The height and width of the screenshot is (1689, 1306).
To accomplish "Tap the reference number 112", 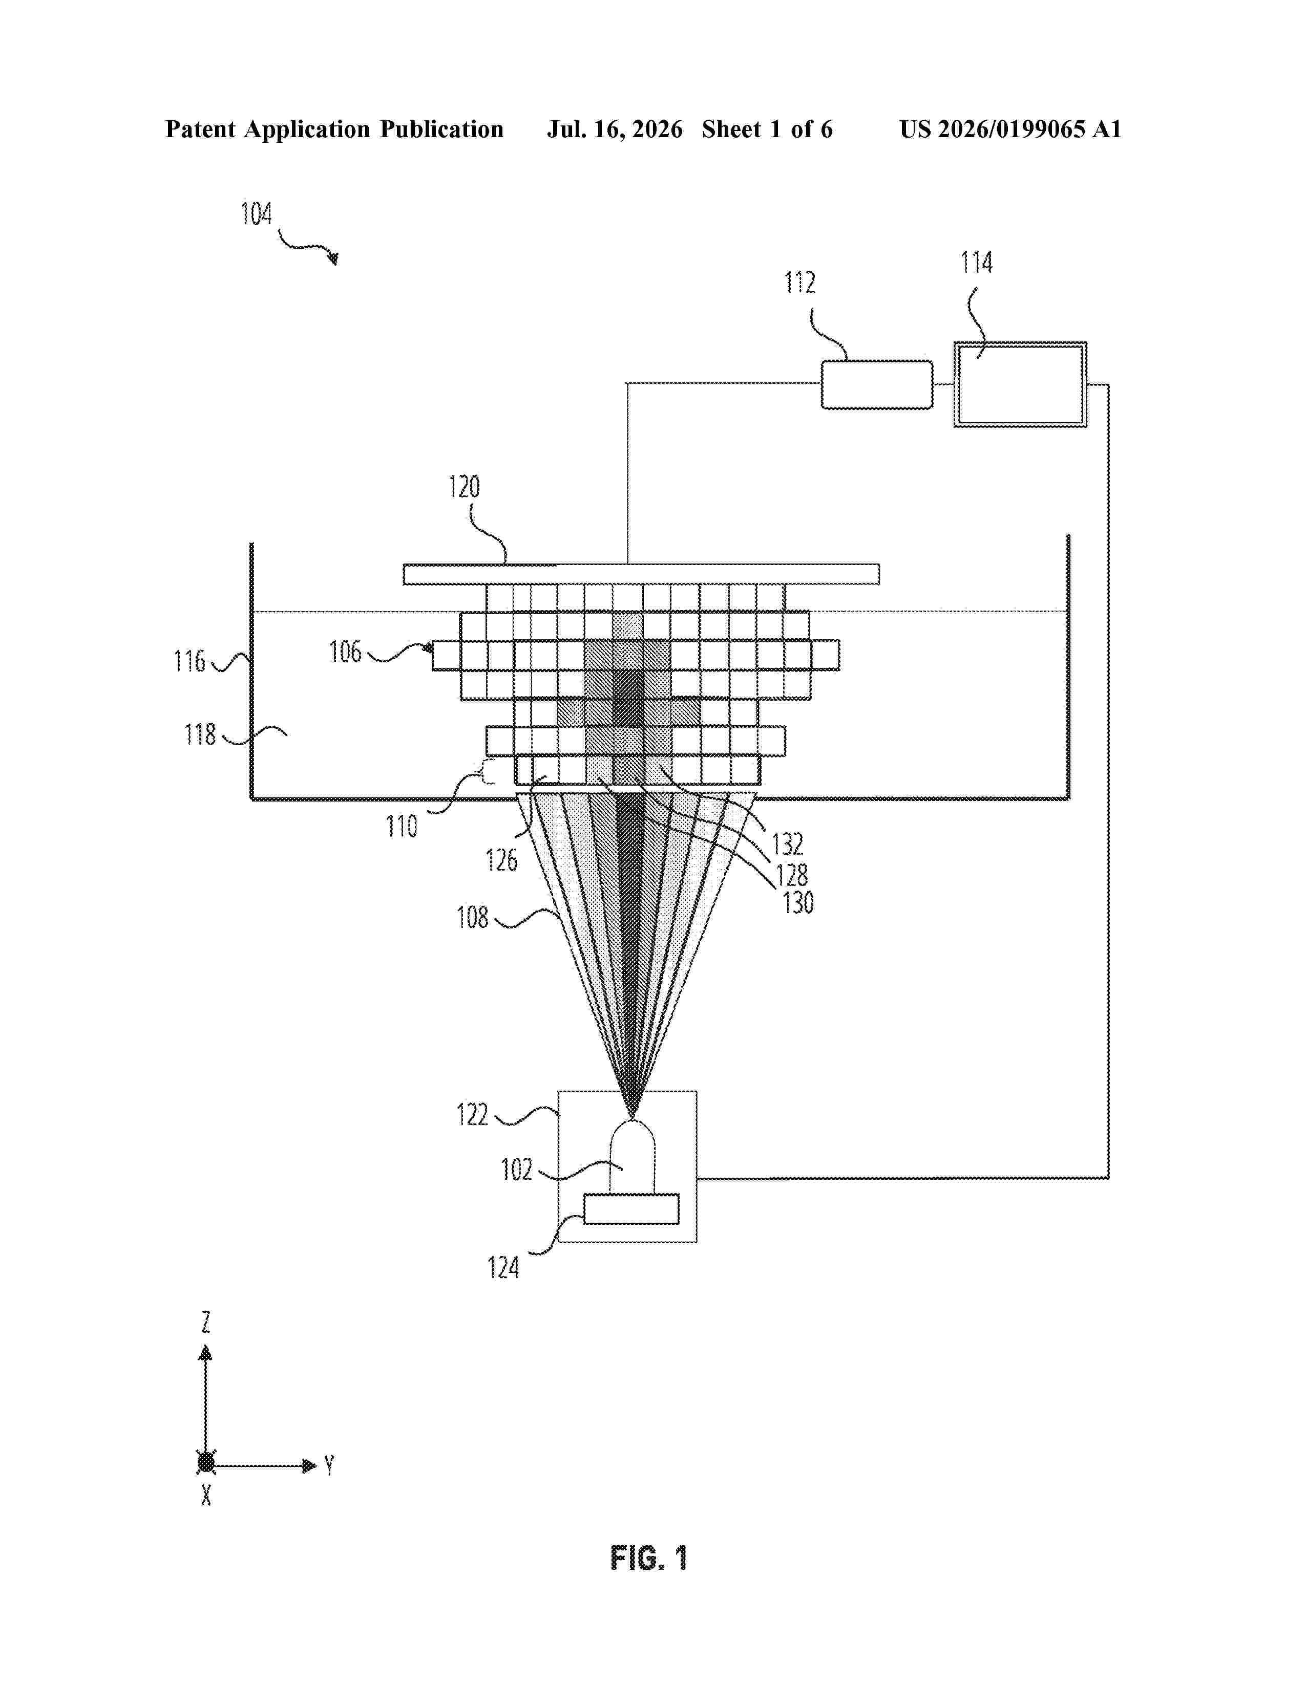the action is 800,283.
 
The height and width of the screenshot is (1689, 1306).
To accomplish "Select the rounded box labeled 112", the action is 877,384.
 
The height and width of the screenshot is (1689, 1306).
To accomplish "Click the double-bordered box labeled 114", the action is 1020,384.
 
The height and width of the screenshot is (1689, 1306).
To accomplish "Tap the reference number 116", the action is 189,661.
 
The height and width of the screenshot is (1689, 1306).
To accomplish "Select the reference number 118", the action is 200,734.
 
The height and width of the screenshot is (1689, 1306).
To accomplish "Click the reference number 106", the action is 345,652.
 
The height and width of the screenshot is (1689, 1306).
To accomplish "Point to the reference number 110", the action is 402,827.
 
